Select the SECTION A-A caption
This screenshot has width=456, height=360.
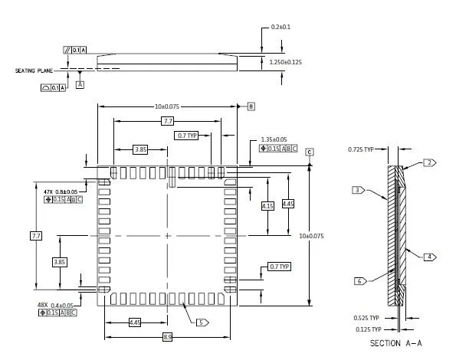(395, 343)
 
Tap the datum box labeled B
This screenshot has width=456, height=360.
(251, 106)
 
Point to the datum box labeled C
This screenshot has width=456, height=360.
(310, 152)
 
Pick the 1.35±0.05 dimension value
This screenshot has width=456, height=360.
(274, 139)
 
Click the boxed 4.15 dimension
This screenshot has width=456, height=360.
(267, 205)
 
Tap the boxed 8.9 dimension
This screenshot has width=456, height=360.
(166, 336)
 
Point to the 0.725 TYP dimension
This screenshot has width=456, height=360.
(361, 149)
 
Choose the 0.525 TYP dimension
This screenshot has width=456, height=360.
(366, 317)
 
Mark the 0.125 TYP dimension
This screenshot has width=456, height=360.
(366, 329)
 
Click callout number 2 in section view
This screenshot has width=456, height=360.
(430, 162)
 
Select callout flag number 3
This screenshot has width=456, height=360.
(358, 190)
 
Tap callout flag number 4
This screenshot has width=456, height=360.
(430, 257)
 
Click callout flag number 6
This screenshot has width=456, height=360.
(359, 281)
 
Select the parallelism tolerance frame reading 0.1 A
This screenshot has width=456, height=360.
(76, 49)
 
